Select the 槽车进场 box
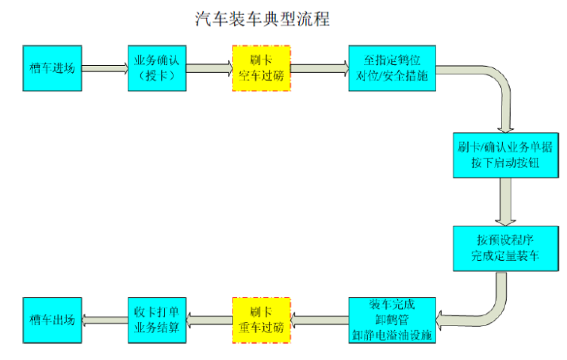point(52,68)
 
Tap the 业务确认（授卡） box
point(156,68)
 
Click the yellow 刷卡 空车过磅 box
point(261,68)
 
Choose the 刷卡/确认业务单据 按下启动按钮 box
point(504,154)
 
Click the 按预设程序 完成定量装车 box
point(504,248)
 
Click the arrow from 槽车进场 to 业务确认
point(105,68)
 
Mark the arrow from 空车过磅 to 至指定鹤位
point(320,68)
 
